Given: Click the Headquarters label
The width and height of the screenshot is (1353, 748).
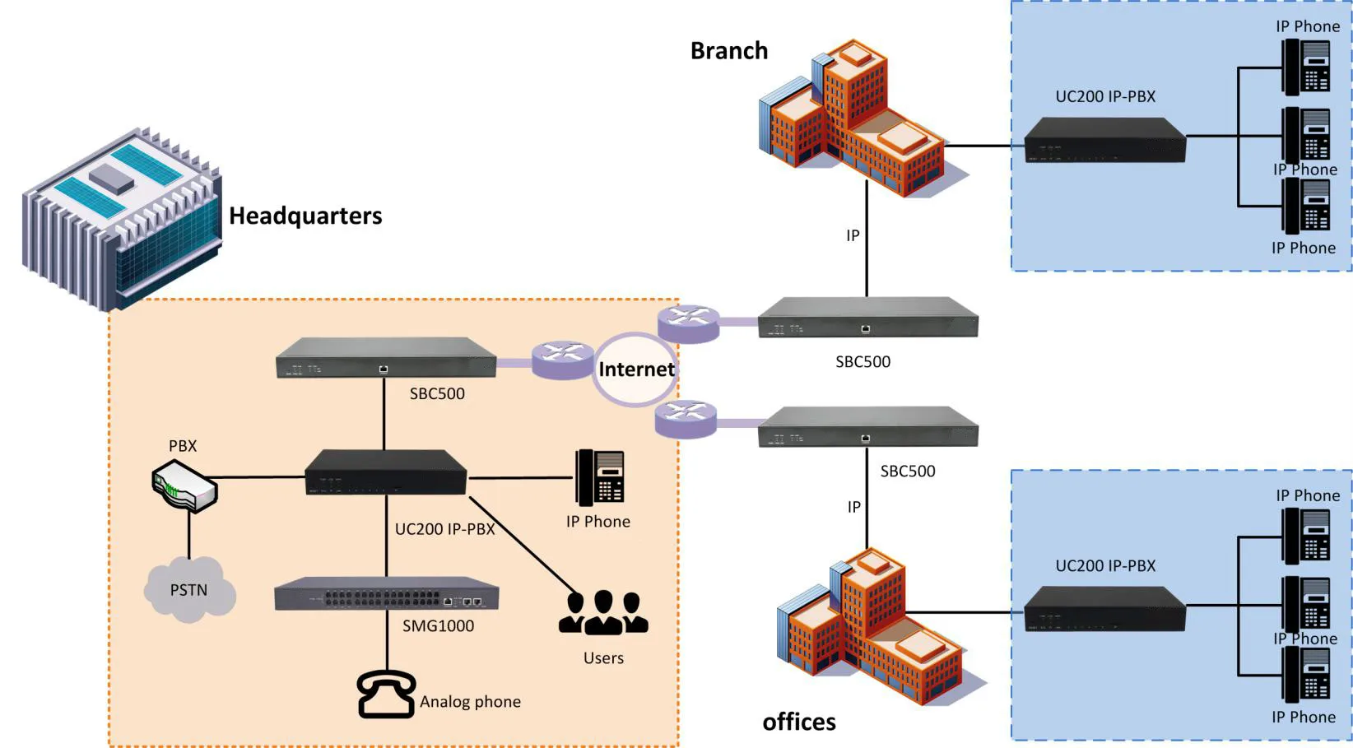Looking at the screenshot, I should click(305, 216).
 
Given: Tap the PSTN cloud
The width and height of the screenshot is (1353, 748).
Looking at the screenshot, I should click(190, 589).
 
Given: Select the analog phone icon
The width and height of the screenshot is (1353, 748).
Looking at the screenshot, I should click(386, 695).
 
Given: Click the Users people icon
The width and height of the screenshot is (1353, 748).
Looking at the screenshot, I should click(603, 613).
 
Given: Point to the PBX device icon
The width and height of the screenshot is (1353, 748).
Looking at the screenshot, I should click(184, 486).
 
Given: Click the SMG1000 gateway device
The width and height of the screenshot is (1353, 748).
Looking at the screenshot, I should click(386, 594).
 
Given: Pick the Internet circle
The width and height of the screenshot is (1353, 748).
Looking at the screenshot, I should click(635, 369).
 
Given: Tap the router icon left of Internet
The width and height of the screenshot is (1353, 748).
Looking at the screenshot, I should click(562, 360).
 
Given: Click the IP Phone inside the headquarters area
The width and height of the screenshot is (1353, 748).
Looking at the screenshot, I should click(600, 477).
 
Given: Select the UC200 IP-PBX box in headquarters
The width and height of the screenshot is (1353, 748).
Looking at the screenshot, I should click(386, 472).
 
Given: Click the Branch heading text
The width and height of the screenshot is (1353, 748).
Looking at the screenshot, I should click(728, 51).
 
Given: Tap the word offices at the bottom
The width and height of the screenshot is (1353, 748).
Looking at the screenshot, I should click(798, 722).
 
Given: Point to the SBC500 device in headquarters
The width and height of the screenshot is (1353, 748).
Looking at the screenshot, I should click(386, 358).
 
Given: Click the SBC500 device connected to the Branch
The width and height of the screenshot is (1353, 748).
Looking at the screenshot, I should click(867, 318).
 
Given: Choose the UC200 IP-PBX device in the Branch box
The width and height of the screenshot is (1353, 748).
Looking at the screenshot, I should click(1104, 140).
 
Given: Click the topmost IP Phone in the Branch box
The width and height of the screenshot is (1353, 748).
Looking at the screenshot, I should click(1306, 67).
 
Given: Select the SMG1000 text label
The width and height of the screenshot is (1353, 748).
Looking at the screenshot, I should click(438, 626).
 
